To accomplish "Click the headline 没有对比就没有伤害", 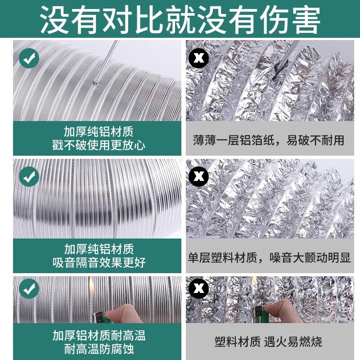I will pos(180,19).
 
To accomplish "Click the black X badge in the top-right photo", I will pos(198,58).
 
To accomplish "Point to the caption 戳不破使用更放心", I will pos(99,145).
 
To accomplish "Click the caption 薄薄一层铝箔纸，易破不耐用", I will pos(269,139).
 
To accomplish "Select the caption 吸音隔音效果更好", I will pos(99,262).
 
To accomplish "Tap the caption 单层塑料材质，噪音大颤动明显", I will pos(269,257).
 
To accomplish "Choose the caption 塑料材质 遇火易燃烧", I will pos(269,342).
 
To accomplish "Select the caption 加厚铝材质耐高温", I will pos(99,335).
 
